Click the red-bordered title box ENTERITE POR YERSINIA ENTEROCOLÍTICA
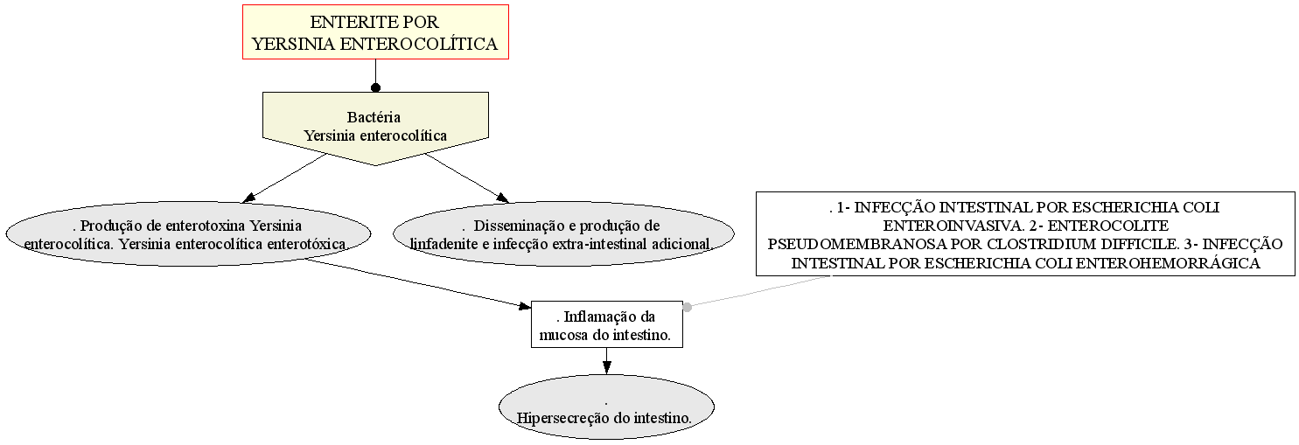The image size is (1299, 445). pyautogui.click(x=375, y=31)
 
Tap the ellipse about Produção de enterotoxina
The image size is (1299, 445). pyautogui.click(x=188, y=234)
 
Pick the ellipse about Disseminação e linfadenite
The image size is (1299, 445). pyautogui.click(x=563, y=234)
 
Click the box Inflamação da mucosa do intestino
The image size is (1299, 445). pyautogui.click(x=606, y=324)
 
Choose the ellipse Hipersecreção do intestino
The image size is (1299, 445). pyautogui.click(x=606, y=407)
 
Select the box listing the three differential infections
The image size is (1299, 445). pyautogui.click(x=1025, y=234)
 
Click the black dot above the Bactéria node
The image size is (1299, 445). pyautogui.click(x=376, y=87)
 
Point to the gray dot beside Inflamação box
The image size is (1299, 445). pyautogui.click(x=688, y=307)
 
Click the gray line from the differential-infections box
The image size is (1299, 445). pyautogui.click(x=759, y=291)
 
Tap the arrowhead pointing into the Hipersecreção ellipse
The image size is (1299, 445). pyautogui.click(x=606, y=367)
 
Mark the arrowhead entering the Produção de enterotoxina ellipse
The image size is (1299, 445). pyautogui.click(x=249, y=198)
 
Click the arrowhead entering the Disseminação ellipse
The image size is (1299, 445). pyautogui.click(x=502, y=198)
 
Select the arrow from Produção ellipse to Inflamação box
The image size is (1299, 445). pyautogui.click(x=418, y=282)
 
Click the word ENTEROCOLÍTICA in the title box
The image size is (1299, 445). pyautogui.click(x=418, y=44)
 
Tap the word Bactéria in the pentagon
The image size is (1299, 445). pyautogui.click(x=374, y=117)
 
